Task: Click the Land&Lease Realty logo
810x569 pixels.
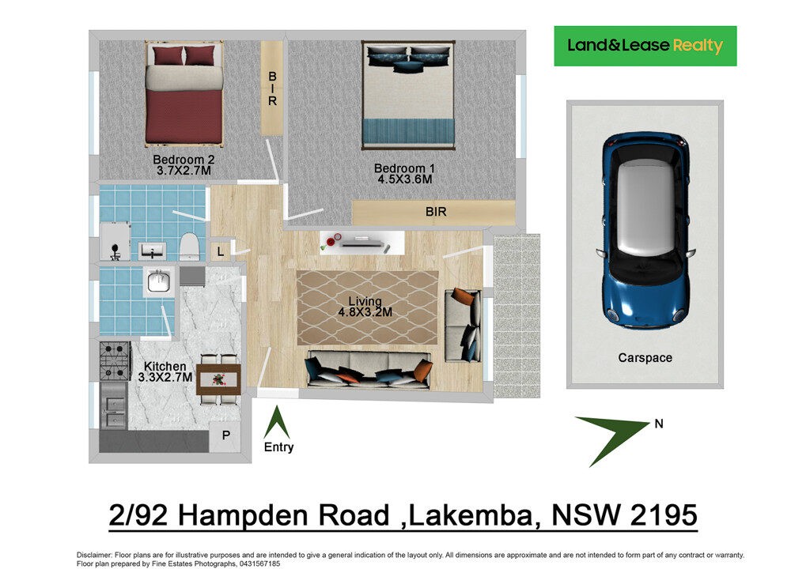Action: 645,46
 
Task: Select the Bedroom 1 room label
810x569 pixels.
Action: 403,168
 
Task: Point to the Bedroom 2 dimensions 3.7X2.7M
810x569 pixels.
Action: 184,170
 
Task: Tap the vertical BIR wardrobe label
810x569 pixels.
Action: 272,89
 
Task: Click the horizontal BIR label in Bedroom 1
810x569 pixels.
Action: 436,213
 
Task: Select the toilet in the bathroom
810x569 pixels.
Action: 189,247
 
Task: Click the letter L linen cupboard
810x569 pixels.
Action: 220,251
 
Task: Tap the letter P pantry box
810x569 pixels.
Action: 225,435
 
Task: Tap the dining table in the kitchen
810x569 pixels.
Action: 218,379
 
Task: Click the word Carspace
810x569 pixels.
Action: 645,358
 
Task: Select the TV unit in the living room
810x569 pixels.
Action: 360,241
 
